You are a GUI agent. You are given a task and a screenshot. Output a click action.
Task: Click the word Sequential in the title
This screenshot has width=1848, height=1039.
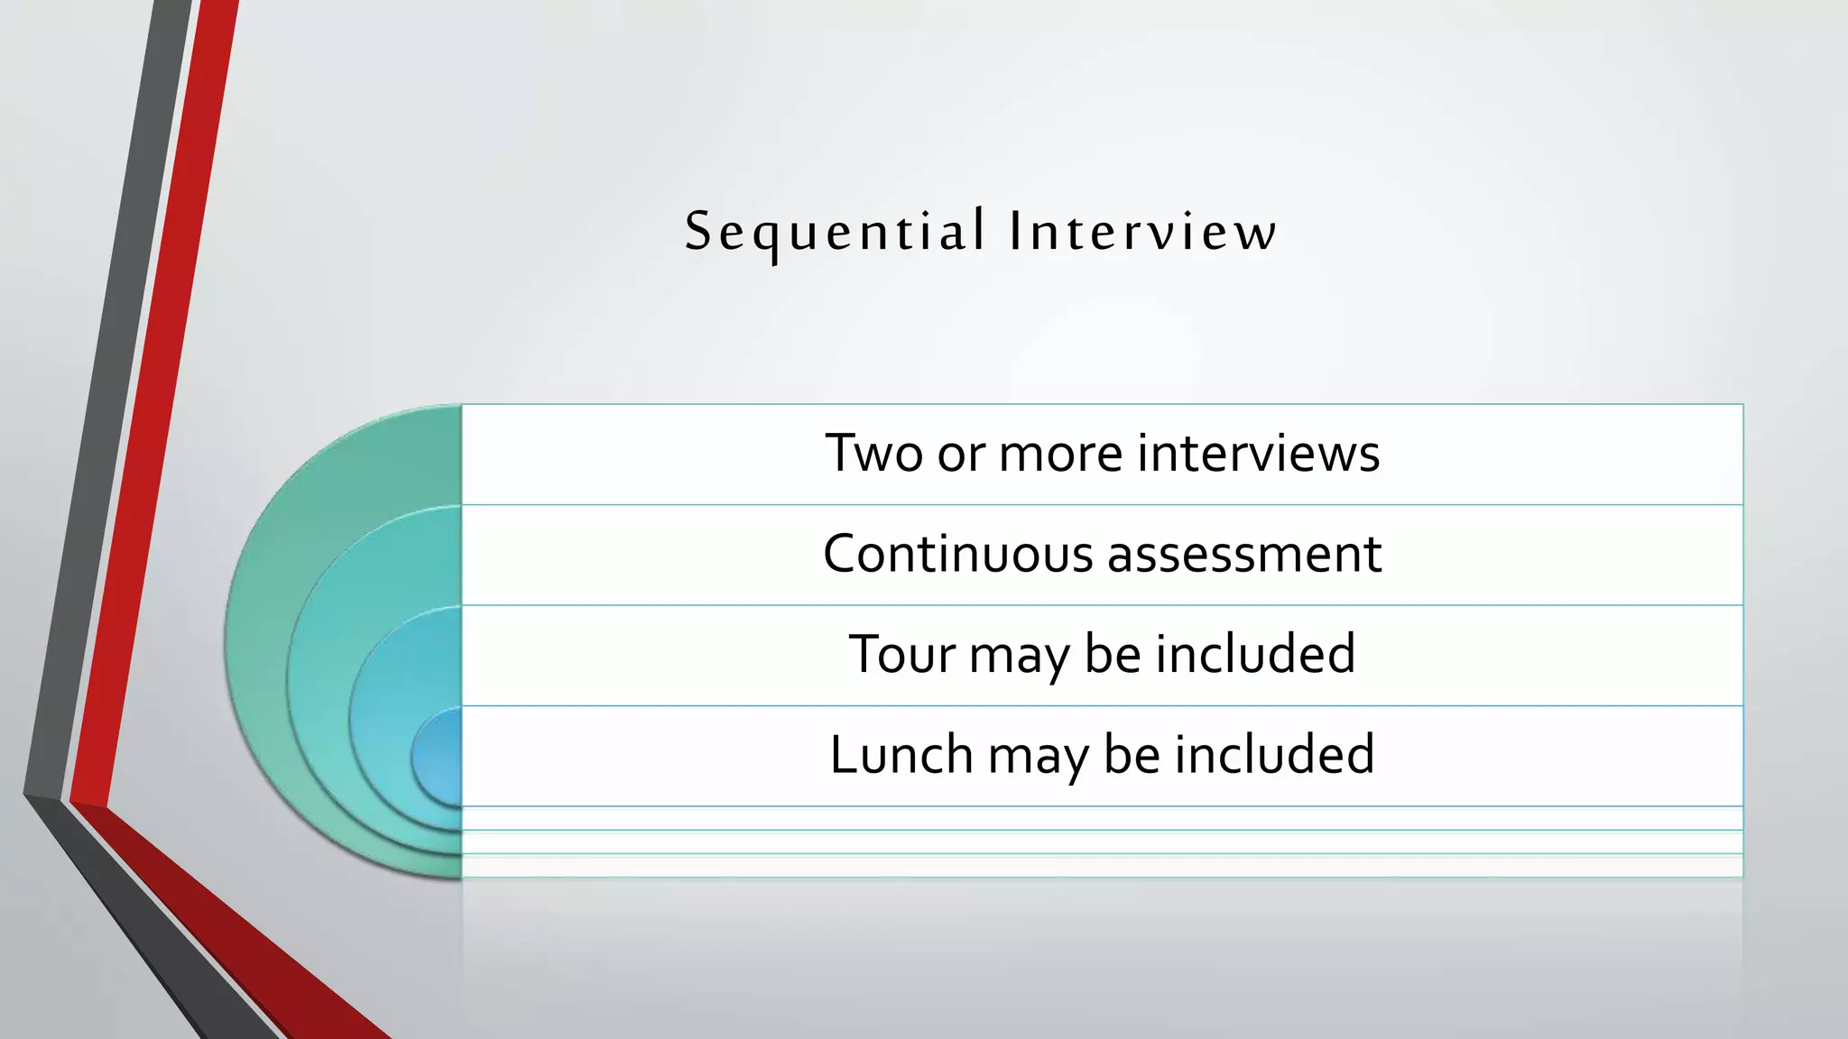(x=835, y=231)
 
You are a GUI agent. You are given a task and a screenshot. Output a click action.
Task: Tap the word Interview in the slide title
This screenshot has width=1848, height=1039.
(x=1143, y=231)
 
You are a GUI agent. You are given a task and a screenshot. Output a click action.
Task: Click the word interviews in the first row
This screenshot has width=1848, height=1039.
(x=1258, y=453)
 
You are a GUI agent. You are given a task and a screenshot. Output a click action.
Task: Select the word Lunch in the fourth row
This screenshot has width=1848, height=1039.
(x=901, y=754)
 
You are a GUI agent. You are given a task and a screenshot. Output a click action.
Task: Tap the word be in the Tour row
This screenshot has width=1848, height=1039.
(x=1112, y=654)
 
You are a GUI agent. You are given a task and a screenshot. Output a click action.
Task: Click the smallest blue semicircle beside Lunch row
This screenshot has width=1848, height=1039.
(x=439, y=756)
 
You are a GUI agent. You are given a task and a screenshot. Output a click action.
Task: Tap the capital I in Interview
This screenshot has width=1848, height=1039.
(x=1016, y=231)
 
